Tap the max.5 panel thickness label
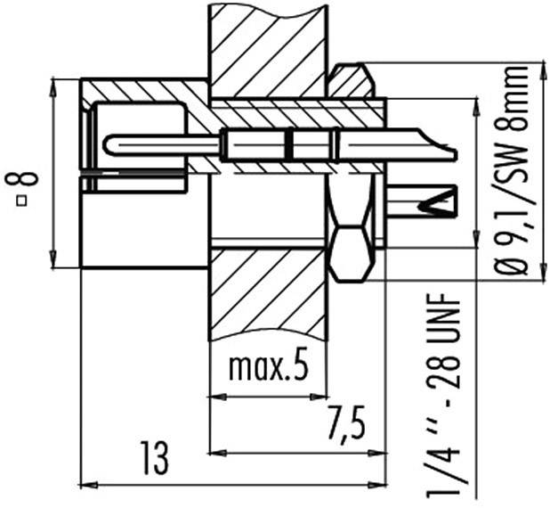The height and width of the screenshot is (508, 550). pos(267,367)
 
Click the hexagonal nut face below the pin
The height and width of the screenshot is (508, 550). pos(349,251)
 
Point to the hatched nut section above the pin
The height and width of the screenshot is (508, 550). pos(349,81)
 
